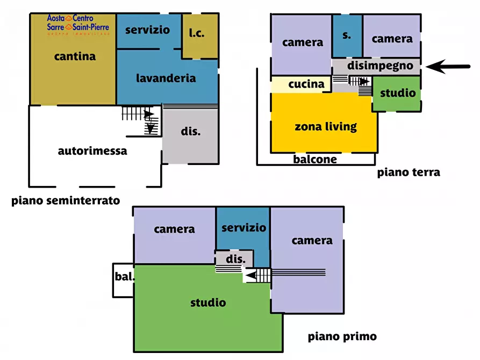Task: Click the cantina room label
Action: point(75,56)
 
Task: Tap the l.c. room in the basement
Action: point(197,34)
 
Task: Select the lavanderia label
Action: point(166,78)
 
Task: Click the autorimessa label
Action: point(92,151)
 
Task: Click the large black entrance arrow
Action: point(451,67)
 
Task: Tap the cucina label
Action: point(306,84)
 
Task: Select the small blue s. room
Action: point(347,35)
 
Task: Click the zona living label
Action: point(326,127)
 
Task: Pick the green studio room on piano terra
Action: point(398,93)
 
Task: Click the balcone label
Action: point(315,159)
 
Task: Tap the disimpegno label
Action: point(381,66)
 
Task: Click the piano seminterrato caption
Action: point(66,201)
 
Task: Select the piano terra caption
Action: point(409,172)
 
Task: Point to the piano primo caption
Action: point(342,337)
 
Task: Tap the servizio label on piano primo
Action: point(243,228)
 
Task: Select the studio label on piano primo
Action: point(208,303)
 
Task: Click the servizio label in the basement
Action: point(147,30)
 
